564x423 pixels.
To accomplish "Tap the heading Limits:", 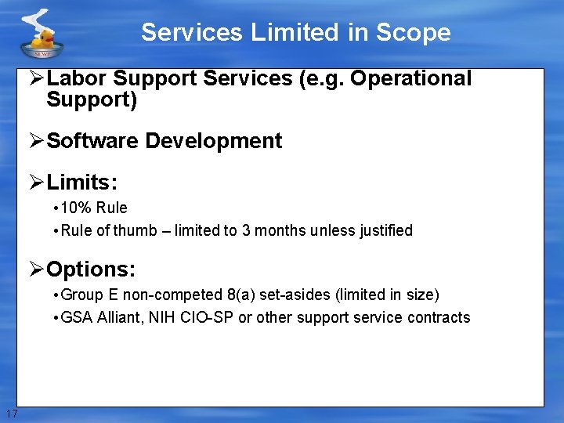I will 82,183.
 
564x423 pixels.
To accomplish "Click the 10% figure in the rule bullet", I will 75,208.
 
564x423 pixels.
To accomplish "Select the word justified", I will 384,230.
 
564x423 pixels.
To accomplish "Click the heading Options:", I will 91,269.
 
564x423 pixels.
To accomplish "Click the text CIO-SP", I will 207,317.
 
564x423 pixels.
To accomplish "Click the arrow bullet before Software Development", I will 36,141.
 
